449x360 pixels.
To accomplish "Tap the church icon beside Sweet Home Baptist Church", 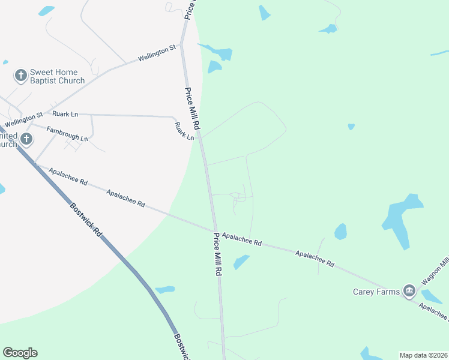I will pos(21,76).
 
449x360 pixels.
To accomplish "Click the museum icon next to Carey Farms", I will pos(410,292).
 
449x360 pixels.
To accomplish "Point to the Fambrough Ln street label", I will pos(67,134).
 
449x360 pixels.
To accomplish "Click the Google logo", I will pos(20,353).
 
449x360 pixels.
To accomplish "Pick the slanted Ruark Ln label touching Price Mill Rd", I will pos(184,131).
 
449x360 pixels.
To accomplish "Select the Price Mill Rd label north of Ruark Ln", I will pos(192,110).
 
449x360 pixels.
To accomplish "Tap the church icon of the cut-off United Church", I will pos(26,139).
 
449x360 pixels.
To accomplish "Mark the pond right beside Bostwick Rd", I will pos(164,290).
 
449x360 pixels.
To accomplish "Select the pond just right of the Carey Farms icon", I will pos(431,296).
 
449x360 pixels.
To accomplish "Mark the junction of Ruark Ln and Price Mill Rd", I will pos(200,137).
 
